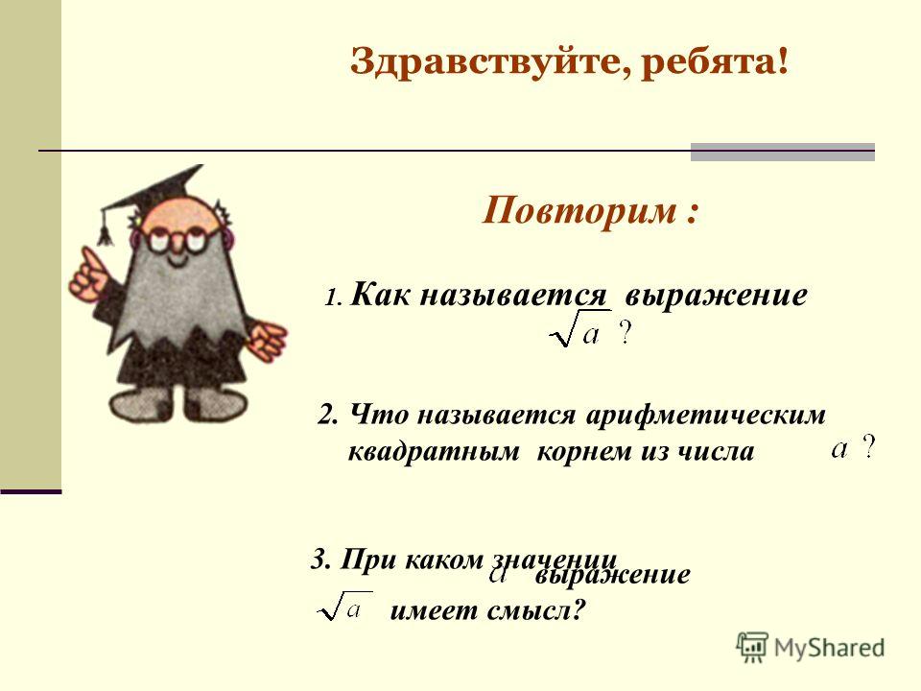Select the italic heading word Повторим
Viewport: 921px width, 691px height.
(x=579, y=210)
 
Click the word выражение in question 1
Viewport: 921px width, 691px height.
(x=716, y=296)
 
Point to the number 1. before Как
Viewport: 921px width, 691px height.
(x=333, y=298)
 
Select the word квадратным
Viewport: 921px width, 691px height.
(x=434, y=452)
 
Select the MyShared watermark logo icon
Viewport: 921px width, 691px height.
(x=752, y=647)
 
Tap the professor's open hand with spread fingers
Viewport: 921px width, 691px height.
(x=269, y=340)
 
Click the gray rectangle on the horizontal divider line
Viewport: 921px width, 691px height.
(x=783, y=152)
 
